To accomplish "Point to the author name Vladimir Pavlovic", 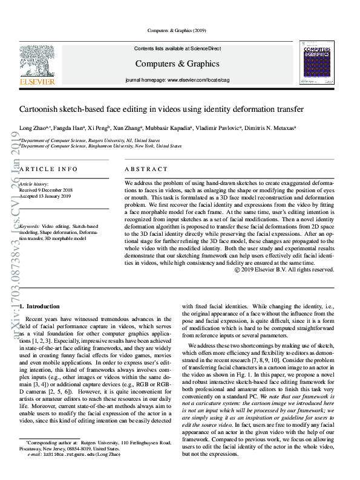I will click(x=217, y=128).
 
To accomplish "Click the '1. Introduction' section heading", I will click(x=40, y=307).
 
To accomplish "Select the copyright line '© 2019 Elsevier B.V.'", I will click(x=284, y=270).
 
